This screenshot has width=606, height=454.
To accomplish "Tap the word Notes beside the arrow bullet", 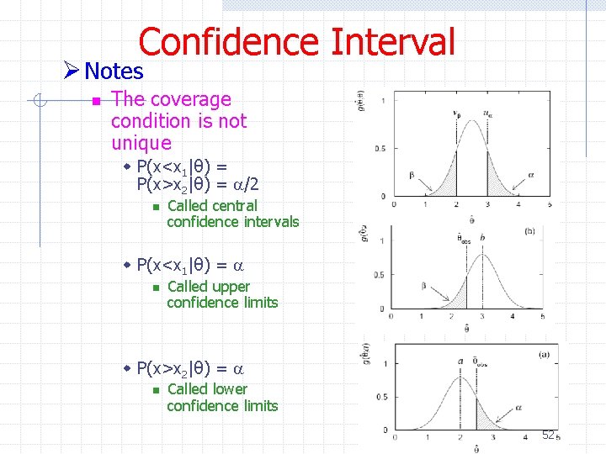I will click(114, 71).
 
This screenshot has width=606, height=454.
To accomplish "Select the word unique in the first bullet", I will click(141, 143).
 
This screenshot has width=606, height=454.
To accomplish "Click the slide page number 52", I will click(548, 435).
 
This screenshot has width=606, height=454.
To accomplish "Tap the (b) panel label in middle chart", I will click(529, 230).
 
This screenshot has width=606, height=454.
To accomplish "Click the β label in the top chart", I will click(412, 174).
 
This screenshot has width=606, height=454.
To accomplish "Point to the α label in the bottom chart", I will click(518, 405).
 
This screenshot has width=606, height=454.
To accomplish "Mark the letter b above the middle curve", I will click(482, 238).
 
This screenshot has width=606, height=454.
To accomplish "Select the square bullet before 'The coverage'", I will click(95, 101).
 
